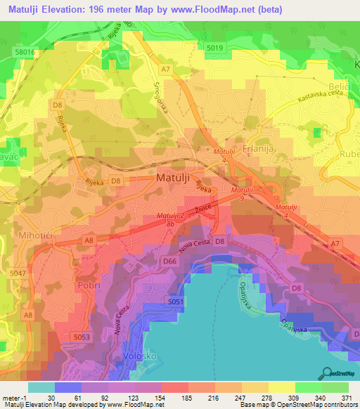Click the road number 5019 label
[x=215, y=47]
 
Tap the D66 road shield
[x=169, y=261]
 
